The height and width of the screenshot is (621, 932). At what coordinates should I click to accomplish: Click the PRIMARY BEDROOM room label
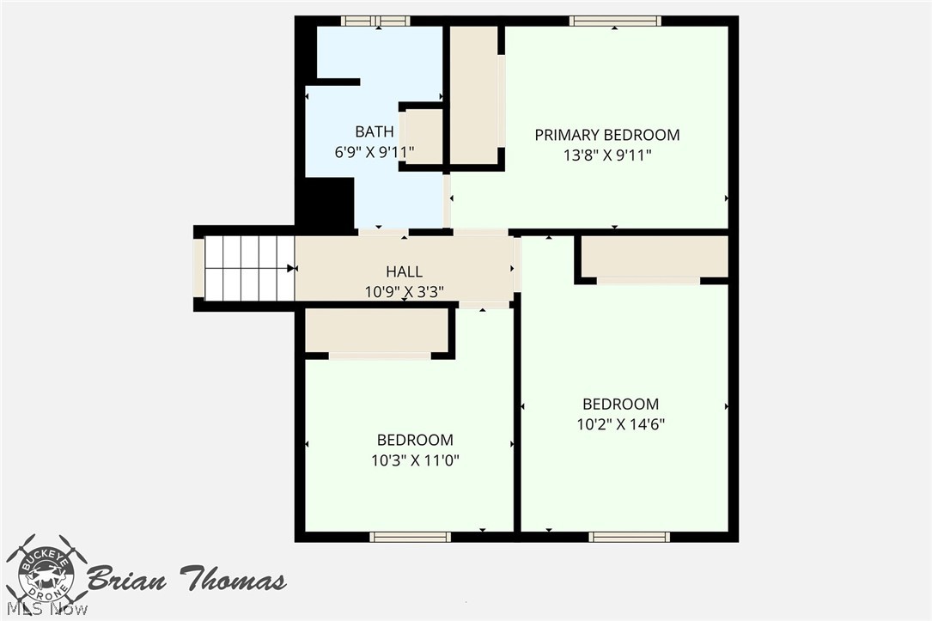click(606, 135)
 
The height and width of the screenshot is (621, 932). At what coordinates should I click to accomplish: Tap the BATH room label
click(375, 131)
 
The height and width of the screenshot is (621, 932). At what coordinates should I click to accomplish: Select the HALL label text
click(405, 271)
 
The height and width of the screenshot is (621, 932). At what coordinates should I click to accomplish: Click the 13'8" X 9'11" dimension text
click(607, 155)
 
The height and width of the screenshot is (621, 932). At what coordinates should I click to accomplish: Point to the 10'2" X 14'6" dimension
click(620, 424)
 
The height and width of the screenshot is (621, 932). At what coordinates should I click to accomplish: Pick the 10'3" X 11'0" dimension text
click(416, 460)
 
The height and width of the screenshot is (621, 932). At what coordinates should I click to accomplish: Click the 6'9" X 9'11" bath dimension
click(375, 152)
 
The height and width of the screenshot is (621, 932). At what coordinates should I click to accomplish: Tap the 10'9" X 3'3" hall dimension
click(405, 292)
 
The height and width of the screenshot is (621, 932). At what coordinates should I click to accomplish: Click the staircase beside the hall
click(249, 269)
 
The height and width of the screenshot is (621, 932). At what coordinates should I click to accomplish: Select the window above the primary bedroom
click(615, 21)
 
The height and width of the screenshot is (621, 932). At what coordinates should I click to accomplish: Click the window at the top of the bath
click(375, 21)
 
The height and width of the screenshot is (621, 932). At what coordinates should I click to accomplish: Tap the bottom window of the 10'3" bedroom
click(410, 537)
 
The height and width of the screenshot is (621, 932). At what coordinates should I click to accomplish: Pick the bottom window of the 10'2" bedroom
click(630, 537)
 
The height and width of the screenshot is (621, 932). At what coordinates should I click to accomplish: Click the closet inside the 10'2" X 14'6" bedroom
click(655, 257)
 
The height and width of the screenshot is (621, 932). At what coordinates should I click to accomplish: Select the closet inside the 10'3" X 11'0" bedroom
click(376, 331)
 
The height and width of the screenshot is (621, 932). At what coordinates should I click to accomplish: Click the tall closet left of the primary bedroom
click(473, 95)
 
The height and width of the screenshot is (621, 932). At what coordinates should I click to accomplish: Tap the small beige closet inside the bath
click(423, 137)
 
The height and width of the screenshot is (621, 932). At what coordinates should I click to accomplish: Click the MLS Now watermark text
click(47, 609)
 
